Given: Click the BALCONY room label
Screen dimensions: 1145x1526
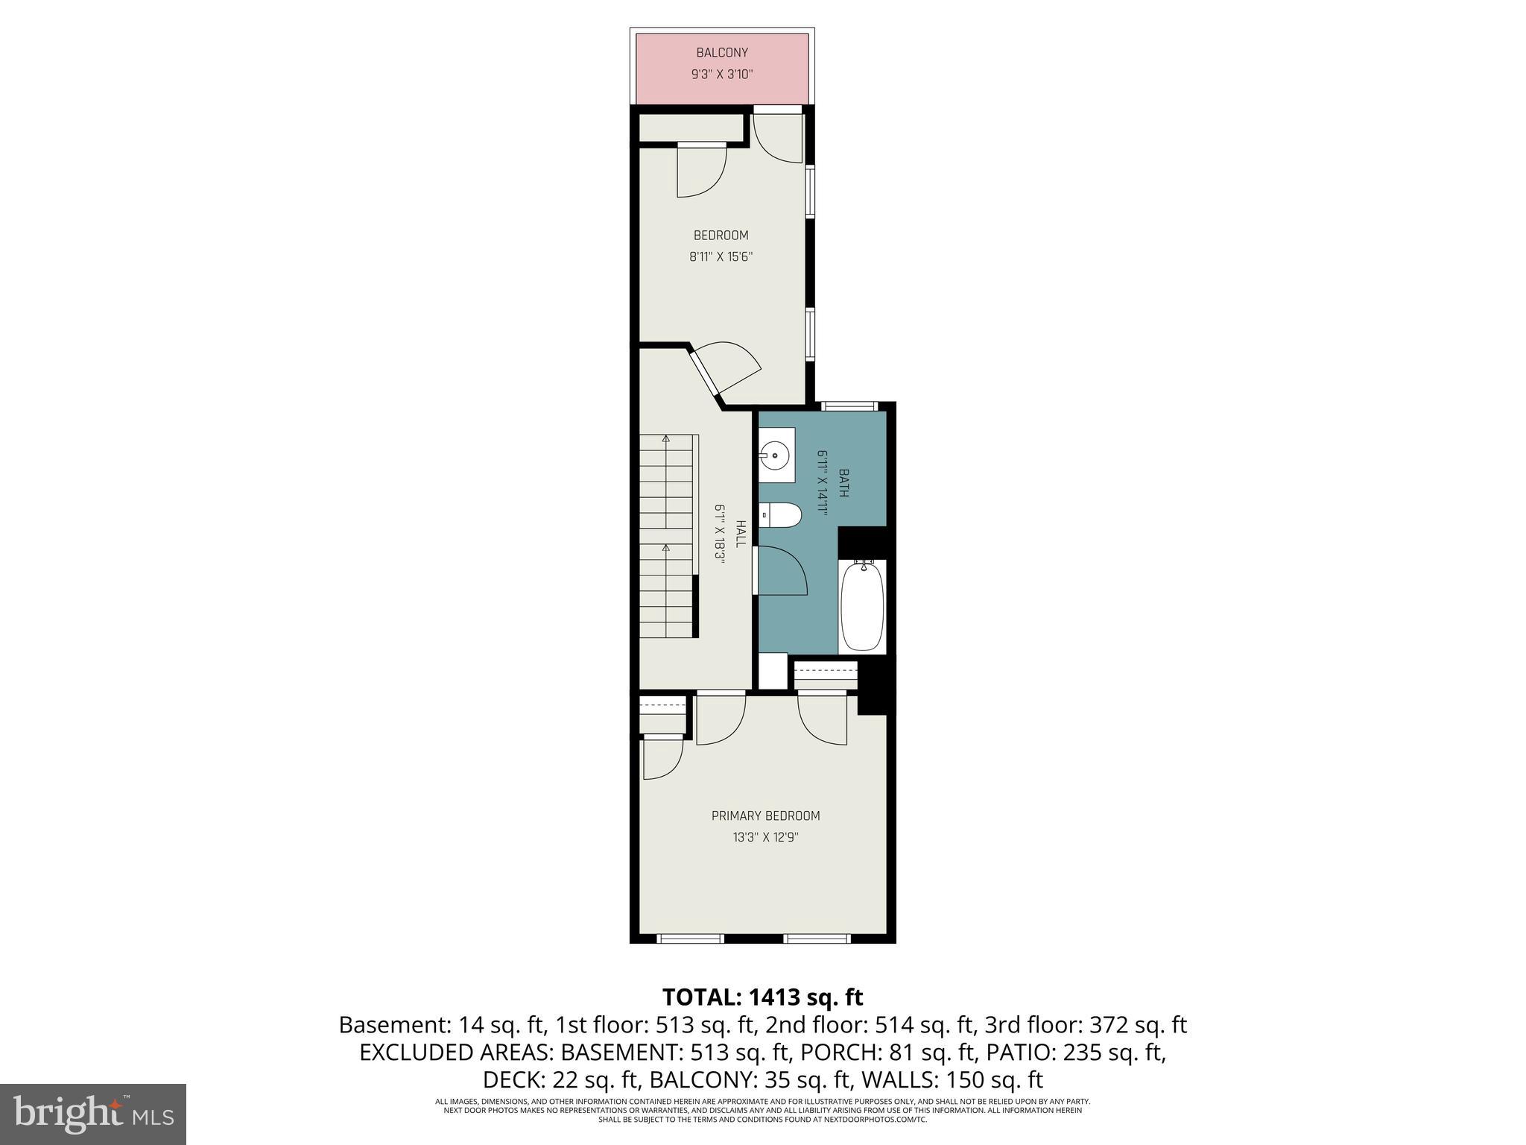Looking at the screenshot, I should pos(721,53).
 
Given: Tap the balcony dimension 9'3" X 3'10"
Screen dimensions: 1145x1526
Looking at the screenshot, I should pos(721,75).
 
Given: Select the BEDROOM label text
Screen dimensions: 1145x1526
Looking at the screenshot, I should pos(721,236).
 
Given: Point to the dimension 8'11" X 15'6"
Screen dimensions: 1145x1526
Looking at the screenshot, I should pos(721,257).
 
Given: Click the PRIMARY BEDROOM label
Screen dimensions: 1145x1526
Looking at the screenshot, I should pos(765,816).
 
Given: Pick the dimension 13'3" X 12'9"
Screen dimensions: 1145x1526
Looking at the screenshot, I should pos(765,837).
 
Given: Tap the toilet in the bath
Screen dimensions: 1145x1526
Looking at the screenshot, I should pos(781,514).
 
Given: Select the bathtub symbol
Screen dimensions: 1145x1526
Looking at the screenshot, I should pos(862,607).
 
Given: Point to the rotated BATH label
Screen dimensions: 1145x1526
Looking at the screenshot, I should pos(843,482).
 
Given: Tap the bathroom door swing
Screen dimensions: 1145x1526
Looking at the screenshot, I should pos(782,571).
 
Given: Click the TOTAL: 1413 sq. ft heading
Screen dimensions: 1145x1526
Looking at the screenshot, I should pos(762,997).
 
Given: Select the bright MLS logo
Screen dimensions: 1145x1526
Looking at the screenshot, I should pos(92,1114).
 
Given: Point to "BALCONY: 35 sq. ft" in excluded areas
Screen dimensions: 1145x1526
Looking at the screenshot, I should pos(750,1079).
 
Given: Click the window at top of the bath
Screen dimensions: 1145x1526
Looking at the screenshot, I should pos(850,406).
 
